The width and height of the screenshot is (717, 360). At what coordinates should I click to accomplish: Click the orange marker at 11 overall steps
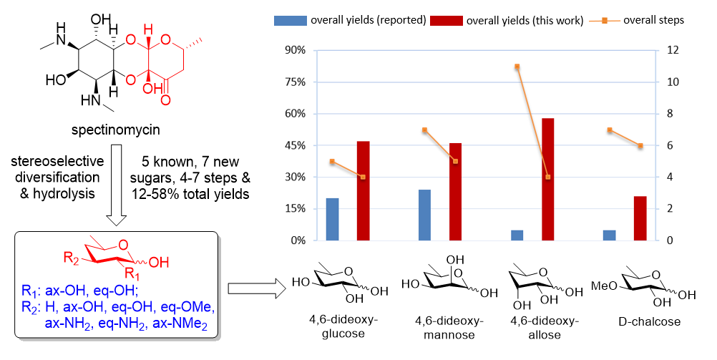517,67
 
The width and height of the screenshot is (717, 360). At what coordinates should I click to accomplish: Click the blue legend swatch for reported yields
290,20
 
